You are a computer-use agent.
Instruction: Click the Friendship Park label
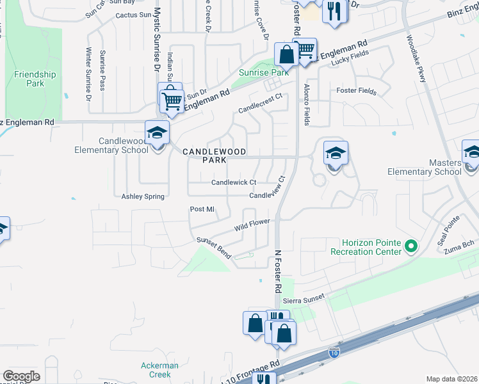35,79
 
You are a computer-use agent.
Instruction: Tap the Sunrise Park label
264,72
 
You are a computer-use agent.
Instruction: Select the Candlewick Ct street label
234,182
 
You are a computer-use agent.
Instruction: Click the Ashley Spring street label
143,197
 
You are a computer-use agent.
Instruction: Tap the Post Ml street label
201,209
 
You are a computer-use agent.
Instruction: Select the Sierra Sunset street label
305,297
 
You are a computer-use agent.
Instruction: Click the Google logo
21,376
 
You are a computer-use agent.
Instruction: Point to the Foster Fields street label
356,91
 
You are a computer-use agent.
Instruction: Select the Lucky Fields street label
345,56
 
